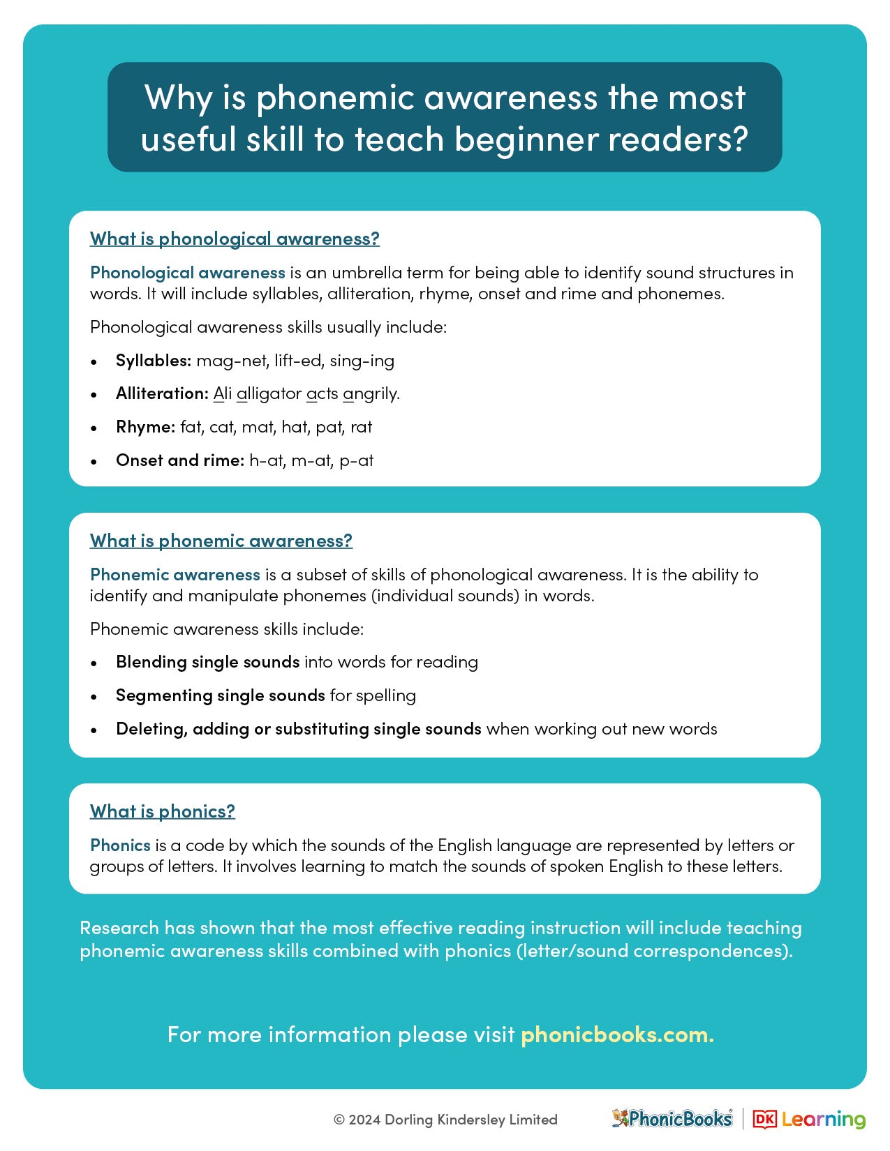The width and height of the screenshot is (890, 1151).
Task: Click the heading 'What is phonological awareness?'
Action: [x=235, y=239]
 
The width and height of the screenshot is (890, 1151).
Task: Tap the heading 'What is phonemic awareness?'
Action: [x=221, y=541]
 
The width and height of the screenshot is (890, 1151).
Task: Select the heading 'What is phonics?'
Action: [x=162, y=811]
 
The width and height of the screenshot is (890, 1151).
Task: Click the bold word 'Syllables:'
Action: [x=154, y=361]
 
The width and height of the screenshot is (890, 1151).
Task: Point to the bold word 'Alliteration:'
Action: [x=162, y=393]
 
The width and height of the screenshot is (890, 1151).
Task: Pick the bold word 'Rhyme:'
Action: [x=145, y=427]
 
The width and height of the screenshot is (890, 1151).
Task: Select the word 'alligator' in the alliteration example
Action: [x=269, y=393]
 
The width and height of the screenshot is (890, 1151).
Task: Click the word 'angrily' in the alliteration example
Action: [x=371, y=394]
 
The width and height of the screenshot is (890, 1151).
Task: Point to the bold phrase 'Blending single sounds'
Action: [x=207, y=662]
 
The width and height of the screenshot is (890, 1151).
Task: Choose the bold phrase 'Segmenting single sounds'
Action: [x=220, y=695]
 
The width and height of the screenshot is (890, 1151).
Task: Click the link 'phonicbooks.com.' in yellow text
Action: [x=617, y=1034]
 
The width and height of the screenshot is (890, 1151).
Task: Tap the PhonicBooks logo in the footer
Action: [x=672, y=1119]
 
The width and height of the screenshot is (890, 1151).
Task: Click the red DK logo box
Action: [x=764, y=1120]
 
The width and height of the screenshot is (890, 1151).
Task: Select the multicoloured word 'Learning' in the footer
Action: [x=824, y=1120]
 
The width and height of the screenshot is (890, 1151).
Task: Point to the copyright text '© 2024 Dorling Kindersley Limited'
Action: [x=445, y=1120]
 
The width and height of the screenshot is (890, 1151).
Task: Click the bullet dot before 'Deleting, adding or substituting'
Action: [x=94, y=730]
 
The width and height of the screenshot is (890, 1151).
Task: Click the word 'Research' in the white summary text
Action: [x=119, y=928]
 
